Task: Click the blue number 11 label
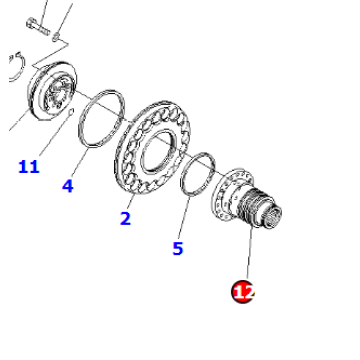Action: point(28,166)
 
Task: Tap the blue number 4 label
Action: point(68,185)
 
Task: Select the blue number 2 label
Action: point(125,219)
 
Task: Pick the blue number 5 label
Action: point(177,247)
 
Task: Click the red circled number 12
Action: point(244,291)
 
